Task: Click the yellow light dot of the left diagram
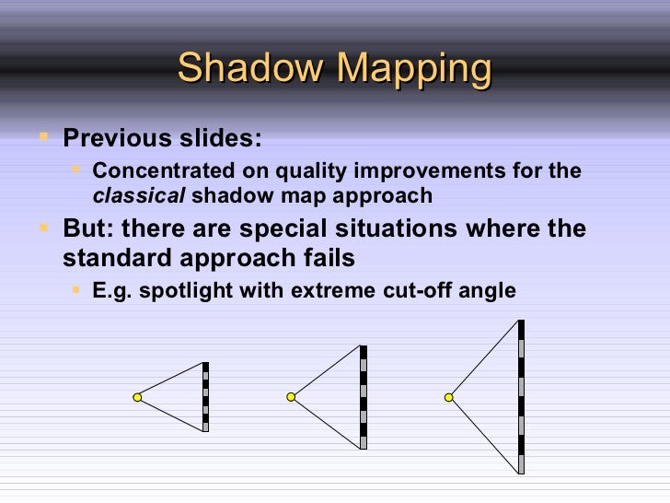coord(137,397)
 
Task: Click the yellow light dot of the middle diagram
coord(290,397)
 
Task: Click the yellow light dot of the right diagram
coord(449,397)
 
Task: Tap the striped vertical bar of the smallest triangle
coord(205,397)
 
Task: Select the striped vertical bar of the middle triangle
coord(364,397)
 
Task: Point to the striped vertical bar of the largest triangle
coord(521,397)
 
